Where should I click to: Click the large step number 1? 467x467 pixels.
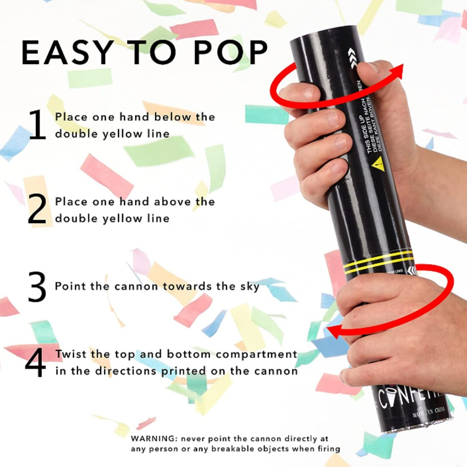[38, 125]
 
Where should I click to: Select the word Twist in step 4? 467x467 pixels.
[71, 355]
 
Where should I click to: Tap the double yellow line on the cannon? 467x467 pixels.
[378, 262]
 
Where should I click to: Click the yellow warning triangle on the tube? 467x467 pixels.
[377, 163]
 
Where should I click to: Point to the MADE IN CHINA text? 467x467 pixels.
[431, 410]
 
